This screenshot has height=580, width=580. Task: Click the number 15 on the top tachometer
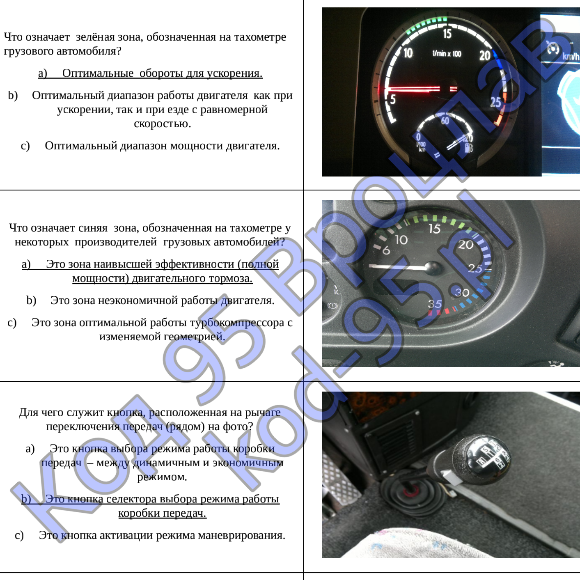coord(447,33)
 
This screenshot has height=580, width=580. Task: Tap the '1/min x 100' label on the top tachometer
coord(447,54)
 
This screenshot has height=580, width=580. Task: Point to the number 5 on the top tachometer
coord(393,99)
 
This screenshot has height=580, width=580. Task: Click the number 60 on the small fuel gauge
coord(445,121)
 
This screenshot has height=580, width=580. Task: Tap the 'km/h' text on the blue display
coord(571,56)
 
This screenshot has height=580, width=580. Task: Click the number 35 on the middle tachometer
coord(435,304)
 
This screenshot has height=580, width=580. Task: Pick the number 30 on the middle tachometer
coord(462,292)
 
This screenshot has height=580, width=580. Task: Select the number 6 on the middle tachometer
coord(387,250)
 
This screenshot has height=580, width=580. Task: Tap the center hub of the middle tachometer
coord(432,267)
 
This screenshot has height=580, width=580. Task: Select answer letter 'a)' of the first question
coord(43,73)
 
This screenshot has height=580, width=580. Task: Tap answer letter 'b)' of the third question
coord(26,499)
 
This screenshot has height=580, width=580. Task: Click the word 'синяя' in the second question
coord(93,228)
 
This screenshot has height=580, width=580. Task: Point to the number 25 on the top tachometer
coord(495,102)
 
